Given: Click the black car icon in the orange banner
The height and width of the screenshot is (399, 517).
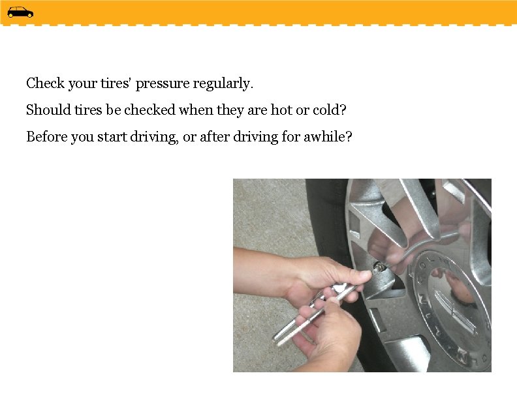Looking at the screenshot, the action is point(20,12).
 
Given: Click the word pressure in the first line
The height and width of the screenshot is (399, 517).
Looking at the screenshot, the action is point(163,84).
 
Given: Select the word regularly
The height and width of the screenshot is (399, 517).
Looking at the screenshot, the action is point(223,84).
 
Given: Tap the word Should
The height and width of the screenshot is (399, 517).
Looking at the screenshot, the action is point(48,110).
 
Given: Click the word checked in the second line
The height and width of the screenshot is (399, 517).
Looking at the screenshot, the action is point(149,110).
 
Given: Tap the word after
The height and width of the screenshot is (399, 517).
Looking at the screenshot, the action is point(215,137).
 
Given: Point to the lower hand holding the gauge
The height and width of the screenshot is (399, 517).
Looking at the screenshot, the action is point(326,332).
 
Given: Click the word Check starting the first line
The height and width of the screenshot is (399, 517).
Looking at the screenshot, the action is point(45,83).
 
